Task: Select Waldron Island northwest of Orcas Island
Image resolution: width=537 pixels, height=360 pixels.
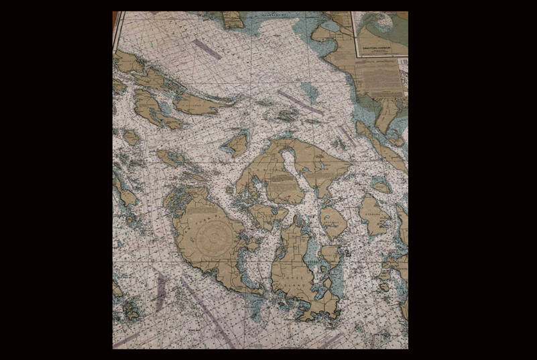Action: click(x=237, y=143)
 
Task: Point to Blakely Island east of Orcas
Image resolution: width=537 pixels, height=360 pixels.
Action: click(x=333, y=222)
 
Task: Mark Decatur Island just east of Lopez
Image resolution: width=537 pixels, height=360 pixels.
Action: click(x=330, y=254)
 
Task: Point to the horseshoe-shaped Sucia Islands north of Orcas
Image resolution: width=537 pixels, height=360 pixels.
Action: click(x=288, y=115)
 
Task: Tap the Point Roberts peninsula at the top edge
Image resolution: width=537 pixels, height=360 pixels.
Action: click(x=234, y=19)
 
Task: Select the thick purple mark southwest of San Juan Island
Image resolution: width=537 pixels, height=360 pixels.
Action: click(x=160, y=292)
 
